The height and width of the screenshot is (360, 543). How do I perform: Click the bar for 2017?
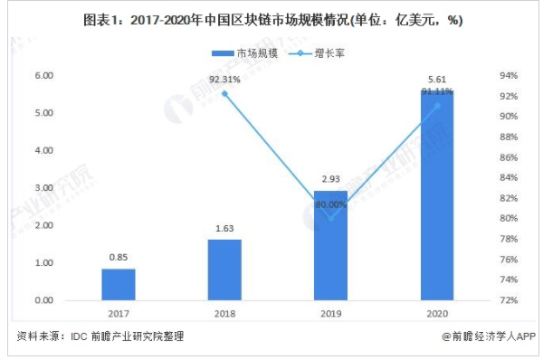118,284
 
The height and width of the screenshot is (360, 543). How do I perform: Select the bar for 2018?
224,270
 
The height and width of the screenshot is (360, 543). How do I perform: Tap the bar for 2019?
330,245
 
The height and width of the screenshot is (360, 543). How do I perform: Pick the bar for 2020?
437,195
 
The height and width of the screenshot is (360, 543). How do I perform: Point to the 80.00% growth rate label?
331,205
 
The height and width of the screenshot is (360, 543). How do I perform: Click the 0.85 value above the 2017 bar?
118,256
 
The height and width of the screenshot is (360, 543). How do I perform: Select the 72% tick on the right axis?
509,300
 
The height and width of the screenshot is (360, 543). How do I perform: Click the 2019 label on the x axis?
330,313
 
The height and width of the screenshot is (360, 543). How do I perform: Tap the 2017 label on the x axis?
118,313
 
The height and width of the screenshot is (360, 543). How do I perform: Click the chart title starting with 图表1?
271,20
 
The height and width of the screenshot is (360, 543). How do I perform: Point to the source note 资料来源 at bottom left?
100,336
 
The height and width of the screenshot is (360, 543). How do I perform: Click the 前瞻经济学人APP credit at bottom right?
489,336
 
